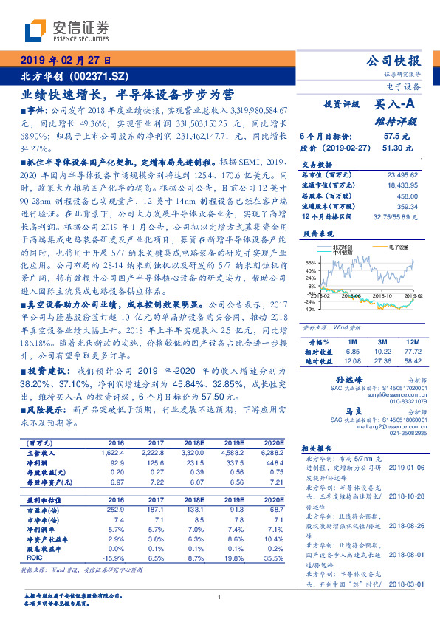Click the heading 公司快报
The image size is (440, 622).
(396, 61)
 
